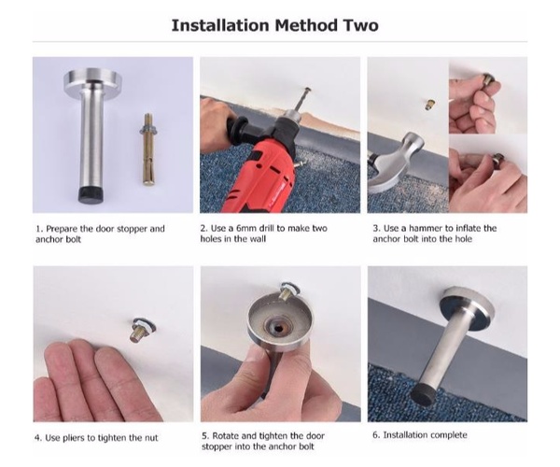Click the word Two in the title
(x=361, y=25)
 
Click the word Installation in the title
(x=220, y=25)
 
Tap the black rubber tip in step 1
(x=90, y=194)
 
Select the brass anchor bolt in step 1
(x=148, y=149)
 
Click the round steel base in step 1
(x=91, y=81)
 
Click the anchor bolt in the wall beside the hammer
(x=430, y=105)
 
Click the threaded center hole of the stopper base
(x=277, y=326)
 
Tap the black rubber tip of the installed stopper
(x=424, y=395)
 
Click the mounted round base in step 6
(x=467, y=304)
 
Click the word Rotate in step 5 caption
(x=226, y=436)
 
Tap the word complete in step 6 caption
(x=449, y=435)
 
